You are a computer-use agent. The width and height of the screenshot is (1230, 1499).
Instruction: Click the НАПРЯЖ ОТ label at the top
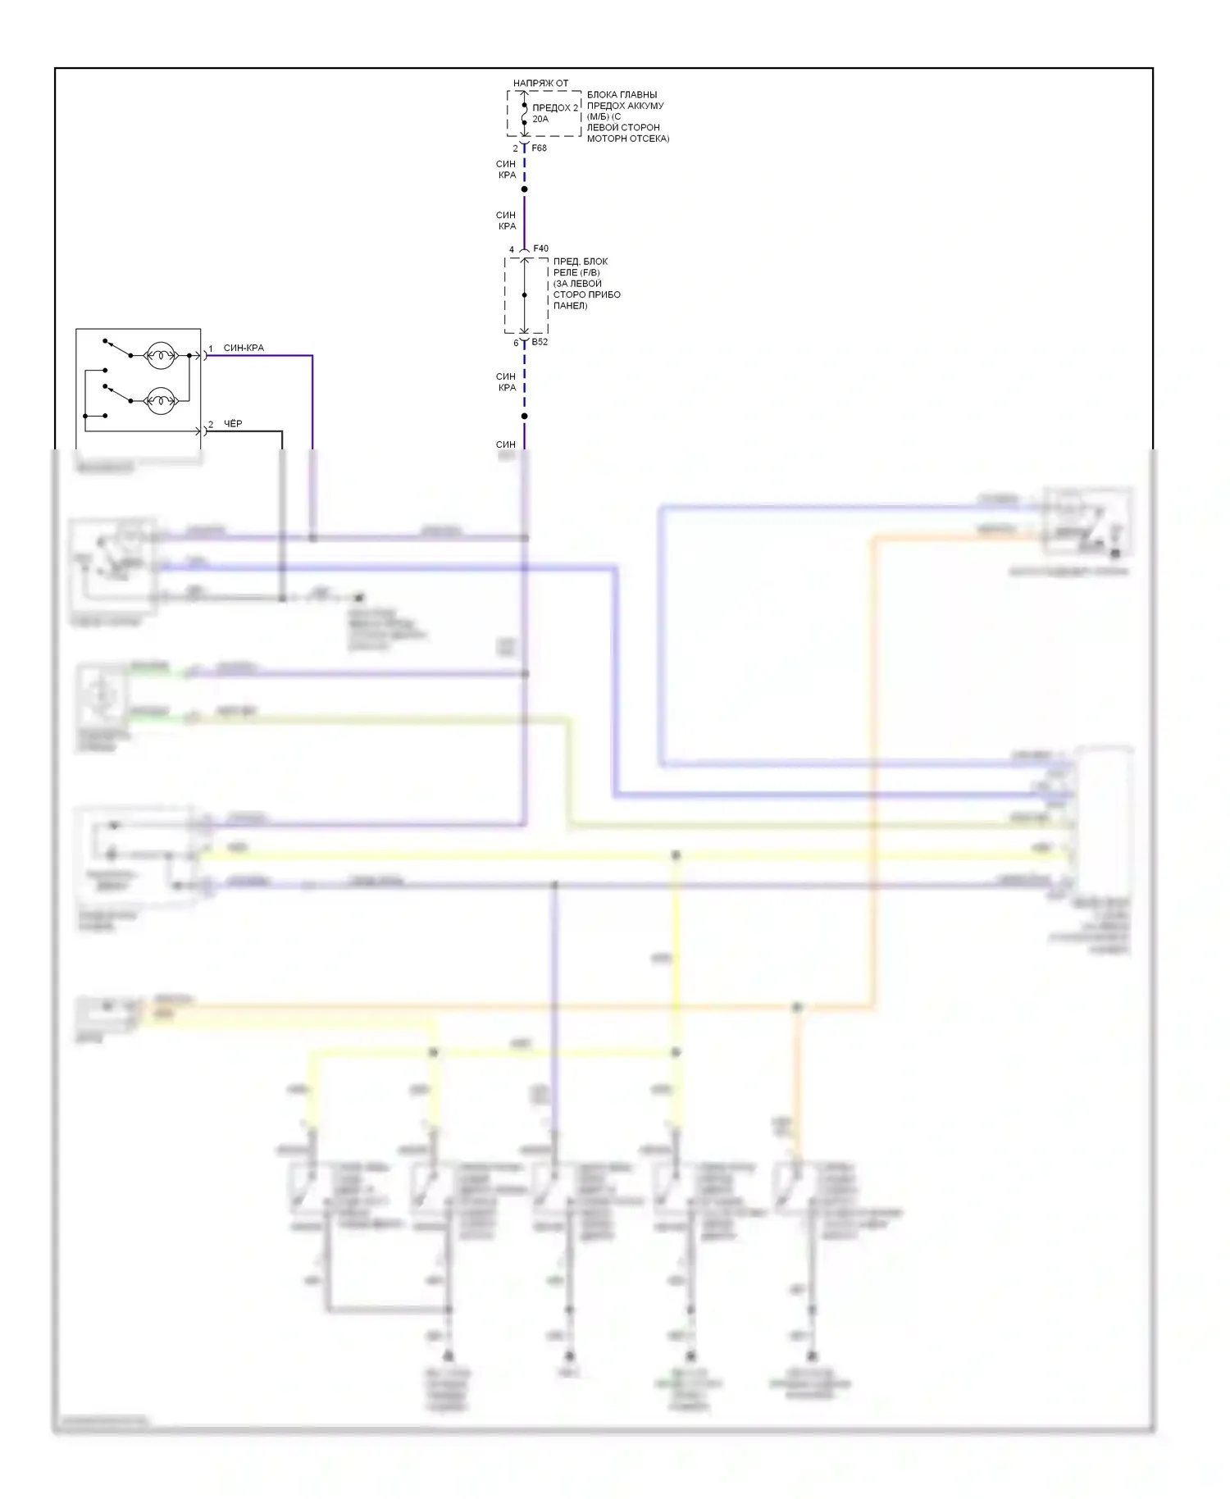click(x=540, y=84)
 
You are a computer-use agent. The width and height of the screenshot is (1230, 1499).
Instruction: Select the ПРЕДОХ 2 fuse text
click(x=555, y=107)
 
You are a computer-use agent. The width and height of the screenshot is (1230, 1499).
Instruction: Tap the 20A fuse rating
click(x=540, y=119)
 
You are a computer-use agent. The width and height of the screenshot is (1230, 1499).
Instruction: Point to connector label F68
click(x=539, y=148)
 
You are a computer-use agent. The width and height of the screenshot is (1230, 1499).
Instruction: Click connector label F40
click(x=540, y=248)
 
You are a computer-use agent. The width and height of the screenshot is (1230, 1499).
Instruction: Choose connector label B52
click(x=540, y=342)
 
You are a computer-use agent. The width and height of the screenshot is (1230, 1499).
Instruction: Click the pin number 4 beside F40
click(x=512, y=249)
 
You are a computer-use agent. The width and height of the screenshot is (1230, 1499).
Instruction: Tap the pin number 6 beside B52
click(x=516, y=343)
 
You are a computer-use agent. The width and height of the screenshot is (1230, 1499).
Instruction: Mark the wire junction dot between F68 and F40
click(x=525, y=189)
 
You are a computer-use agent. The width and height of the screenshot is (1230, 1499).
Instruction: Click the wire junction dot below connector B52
click(x=525, y=416)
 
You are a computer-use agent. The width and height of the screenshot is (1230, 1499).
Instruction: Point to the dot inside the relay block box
click(x=525, y=295)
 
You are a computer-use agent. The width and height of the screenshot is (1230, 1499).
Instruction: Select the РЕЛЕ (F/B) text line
click(x=576, y=272)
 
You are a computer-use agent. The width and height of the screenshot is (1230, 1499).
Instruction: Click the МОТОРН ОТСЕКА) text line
click(x=628, y=139)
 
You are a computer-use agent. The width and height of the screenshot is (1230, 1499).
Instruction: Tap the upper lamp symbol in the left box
click(x=161, y=356)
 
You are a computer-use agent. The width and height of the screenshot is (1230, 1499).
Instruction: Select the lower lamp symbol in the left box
click(x=161, y=401)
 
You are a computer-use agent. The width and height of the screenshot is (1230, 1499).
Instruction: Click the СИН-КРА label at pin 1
click(x=244, y=348)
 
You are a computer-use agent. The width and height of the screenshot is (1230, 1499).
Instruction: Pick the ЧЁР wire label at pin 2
click(x=233, y=424)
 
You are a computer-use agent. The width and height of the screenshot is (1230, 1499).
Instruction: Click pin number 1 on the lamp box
click(x=211, y=349)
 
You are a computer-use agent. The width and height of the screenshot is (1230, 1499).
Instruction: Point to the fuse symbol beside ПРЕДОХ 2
click(x=525, y=114)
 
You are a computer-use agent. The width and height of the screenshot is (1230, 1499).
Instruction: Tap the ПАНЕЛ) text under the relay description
click(x=570, y=306)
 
